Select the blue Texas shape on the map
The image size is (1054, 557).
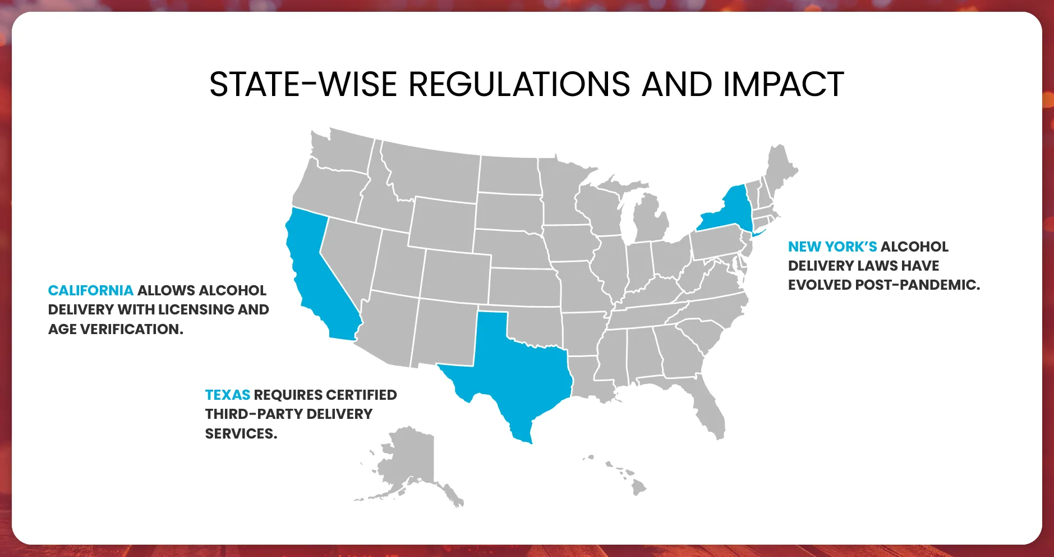[516, 365]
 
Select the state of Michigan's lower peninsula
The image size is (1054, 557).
[651, 219]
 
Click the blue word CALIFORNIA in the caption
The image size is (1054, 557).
[90, 290]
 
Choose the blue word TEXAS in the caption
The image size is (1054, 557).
[227, 395]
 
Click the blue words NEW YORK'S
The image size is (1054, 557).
[832, 246]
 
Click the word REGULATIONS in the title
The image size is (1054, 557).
[519, 85]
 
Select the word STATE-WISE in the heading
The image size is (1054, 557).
[303, 85]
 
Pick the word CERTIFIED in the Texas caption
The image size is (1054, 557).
[361, 395]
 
